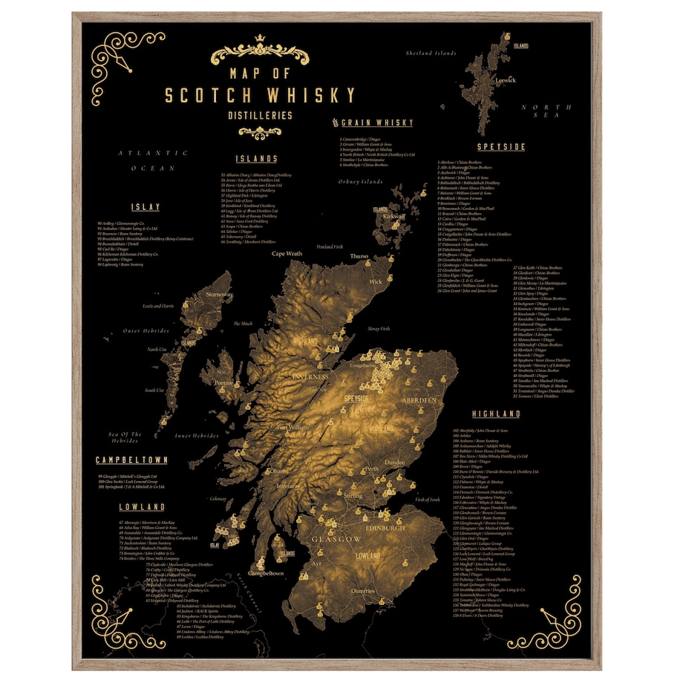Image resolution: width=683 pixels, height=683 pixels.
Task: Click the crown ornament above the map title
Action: tap(260, 39)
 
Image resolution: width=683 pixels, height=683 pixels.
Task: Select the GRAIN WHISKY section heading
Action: tap(376, 122)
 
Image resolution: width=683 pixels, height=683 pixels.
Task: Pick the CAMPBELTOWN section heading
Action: tap(131, 460)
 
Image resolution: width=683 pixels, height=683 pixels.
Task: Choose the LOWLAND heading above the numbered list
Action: tap(141, 507)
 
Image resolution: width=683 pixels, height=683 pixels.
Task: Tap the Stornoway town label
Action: tap(219, 295)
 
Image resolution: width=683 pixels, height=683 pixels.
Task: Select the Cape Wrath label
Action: tap(287, 254)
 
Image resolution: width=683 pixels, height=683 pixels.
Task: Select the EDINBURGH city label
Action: tap(384, 527)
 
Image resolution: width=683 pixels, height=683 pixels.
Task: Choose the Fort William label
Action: tap(292, 428)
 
